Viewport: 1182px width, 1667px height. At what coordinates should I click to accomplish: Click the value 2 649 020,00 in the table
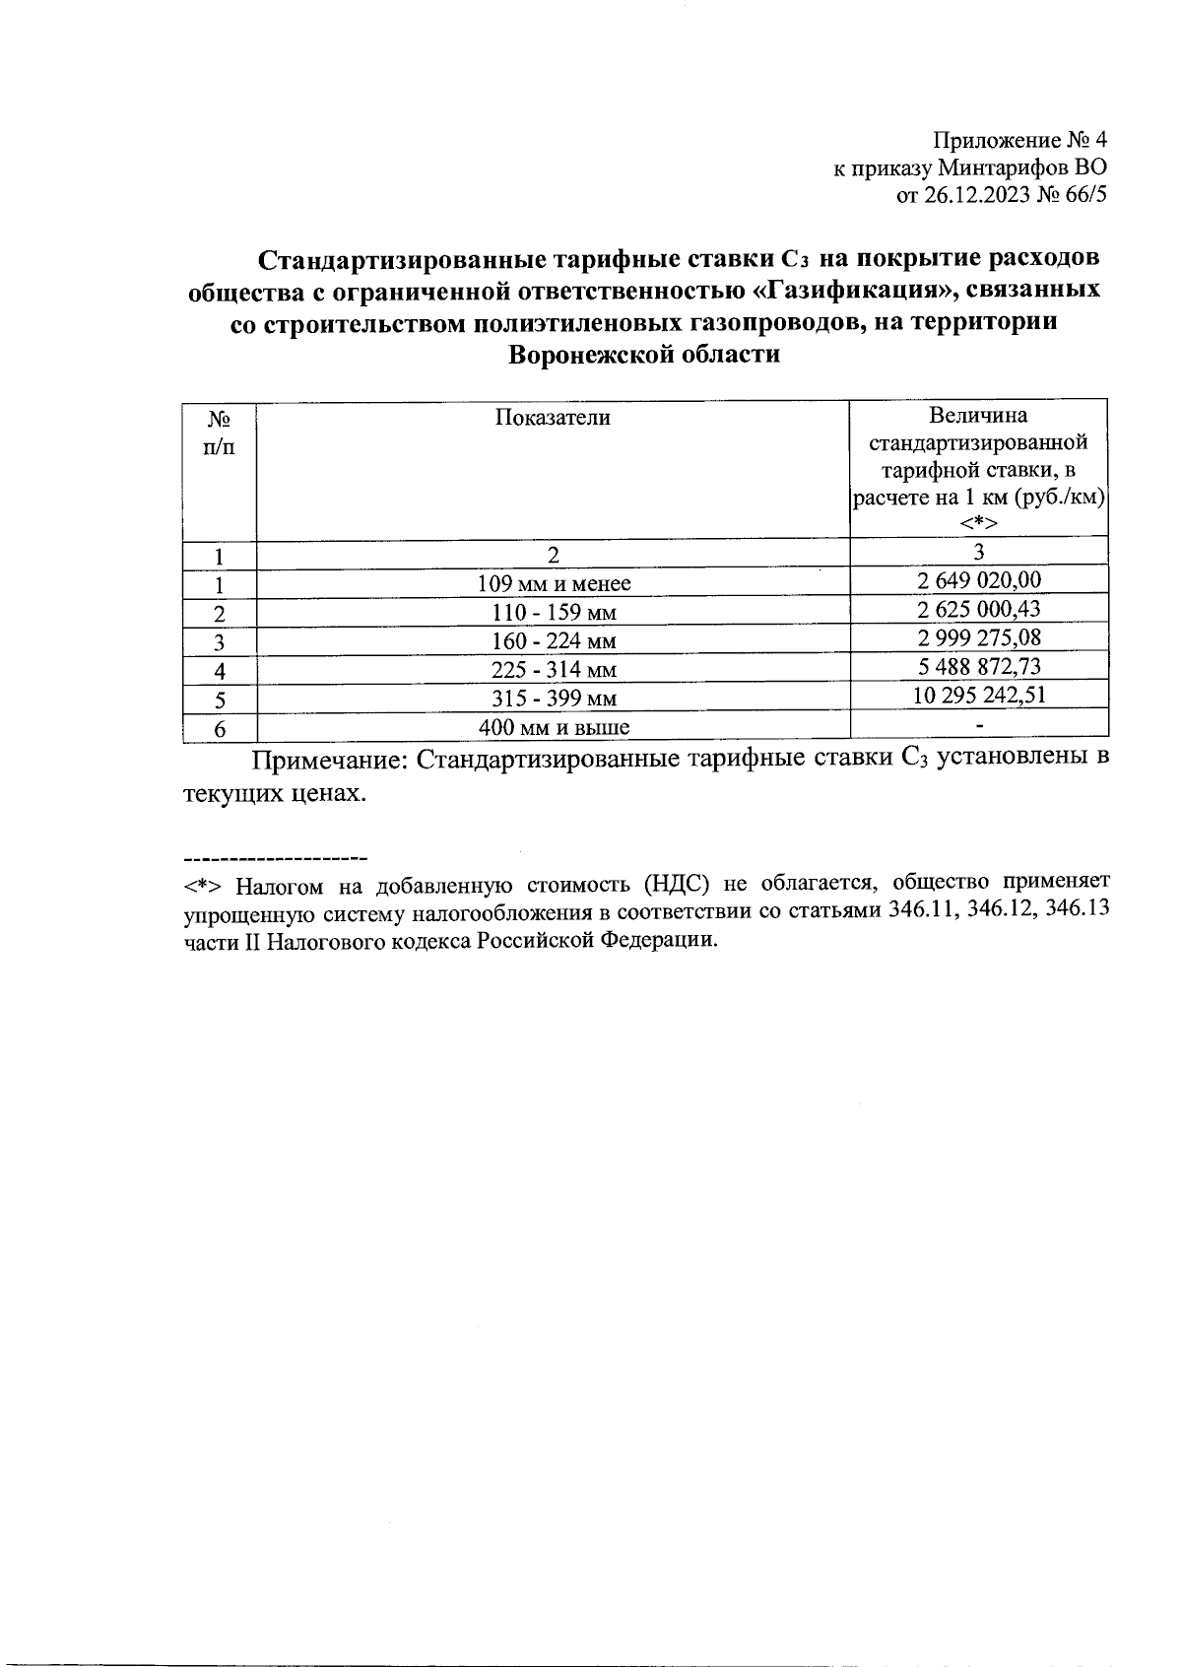(978, 580)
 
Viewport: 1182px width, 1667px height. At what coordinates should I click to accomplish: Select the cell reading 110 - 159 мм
(554, 613)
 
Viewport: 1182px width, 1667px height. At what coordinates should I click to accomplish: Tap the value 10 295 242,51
(978, 696)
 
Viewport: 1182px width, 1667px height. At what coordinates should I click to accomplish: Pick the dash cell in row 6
(978, 727)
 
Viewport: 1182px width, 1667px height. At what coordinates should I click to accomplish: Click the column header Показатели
(553, 418)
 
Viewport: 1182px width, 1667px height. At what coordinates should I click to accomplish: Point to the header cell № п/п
(220, 433)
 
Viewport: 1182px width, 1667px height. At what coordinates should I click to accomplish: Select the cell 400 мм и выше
(554, 729)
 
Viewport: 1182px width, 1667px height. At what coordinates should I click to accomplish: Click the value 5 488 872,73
(978, 667)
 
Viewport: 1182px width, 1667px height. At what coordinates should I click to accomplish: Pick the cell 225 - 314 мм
(554, 671)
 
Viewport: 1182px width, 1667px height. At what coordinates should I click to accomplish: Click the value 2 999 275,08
(978, 637)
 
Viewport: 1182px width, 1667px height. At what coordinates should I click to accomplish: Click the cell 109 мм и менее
(554, 584)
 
